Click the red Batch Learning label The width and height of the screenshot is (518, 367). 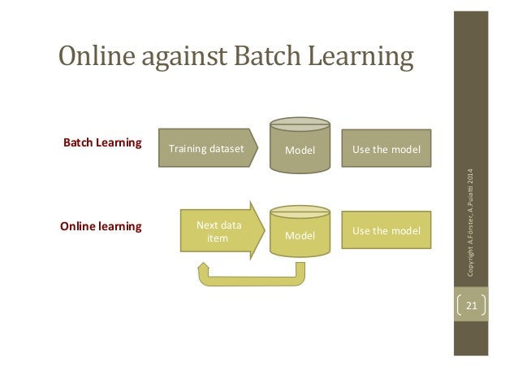(x=102, y=143)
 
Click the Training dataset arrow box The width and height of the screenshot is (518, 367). (x=206, y=149)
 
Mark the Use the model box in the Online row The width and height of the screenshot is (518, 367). (x=386, y=230)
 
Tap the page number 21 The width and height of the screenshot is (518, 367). (x=472, y=307)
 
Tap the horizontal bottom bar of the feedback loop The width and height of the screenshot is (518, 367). (x=252, y=282)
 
